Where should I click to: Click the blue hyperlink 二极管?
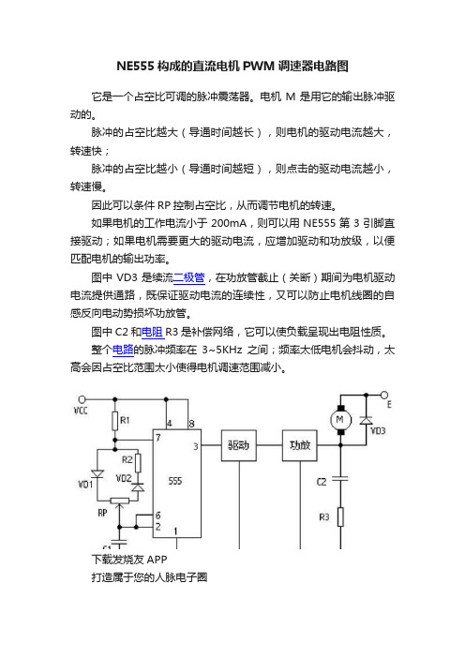tap(188, 277)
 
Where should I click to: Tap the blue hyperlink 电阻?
tap(152, 333)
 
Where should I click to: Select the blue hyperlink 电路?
tap(123, 350)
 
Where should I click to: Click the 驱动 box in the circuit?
tap(239, 445)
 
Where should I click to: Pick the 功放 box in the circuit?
tap(300, 445)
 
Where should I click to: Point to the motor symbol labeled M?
tap(340, 419)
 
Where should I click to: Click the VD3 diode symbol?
tap(366, 420)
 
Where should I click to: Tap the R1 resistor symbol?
tap(115, 421)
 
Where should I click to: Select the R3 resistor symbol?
tap(340, 517)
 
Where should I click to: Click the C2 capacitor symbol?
tap(340, 478)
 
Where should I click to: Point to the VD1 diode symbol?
tap(97, 473)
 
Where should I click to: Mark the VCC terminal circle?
tap(82, 399)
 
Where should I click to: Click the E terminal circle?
tap(384, 395)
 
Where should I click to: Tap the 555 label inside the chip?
tap(175, 481)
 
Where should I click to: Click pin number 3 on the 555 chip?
tap(196, 446)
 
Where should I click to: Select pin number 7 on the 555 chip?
tap(158, 438)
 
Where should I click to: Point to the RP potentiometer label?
tap(102, 513)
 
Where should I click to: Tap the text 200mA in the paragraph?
tap(229, 223)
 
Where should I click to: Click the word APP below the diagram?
tap(157, 560)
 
